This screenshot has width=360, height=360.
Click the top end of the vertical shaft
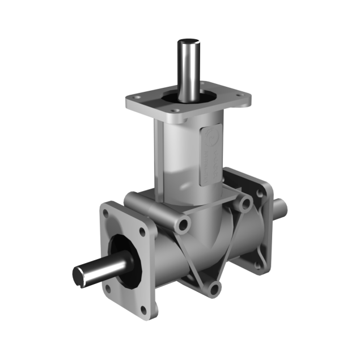click(x=190, y=43)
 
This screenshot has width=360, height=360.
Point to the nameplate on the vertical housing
click(x=210, y=153)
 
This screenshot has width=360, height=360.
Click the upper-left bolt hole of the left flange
click(x=106, y=213)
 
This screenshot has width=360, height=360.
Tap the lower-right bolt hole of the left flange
click(x=142, y=309)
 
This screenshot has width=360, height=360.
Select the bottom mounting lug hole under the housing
click(x=213, y=289)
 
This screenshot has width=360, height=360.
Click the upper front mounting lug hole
click(x=183, y=225)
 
